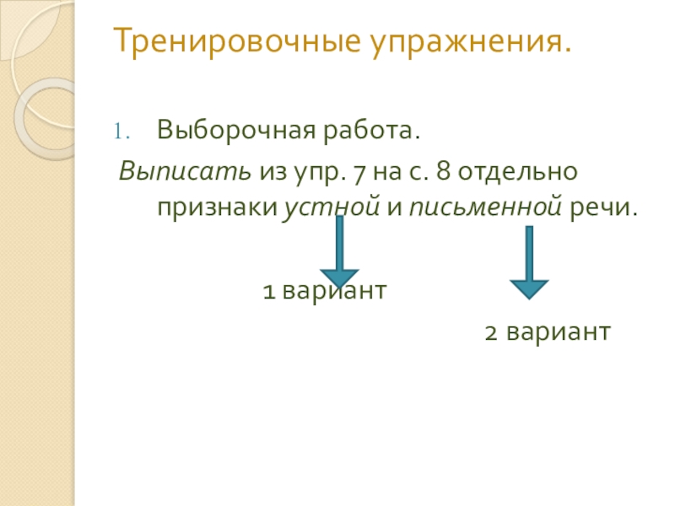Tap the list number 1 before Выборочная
(120, 133)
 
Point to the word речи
(603, 207)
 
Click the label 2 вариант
(546, 331)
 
